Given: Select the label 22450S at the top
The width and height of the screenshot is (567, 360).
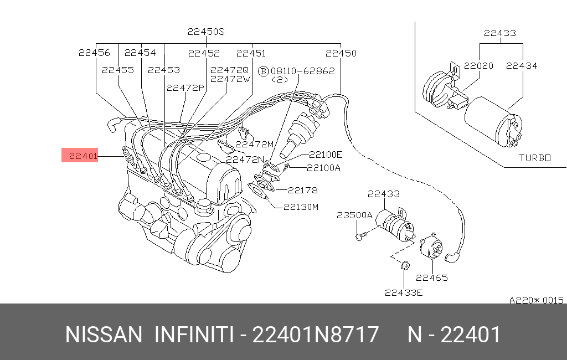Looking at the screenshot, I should (205, 32).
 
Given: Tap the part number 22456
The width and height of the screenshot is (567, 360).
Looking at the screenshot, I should (94, 53).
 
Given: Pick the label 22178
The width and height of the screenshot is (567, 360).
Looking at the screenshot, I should (303, 190).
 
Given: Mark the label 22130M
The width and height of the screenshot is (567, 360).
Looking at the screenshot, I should (301, 207).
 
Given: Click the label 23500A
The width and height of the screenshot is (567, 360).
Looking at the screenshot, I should (354, 215).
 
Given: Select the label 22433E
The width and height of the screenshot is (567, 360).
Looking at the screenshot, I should (404, 292).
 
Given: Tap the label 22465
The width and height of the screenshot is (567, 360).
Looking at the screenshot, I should (432, 278).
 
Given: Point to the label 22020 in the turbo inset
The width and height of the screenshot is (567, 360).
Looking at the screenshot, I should (478, 65).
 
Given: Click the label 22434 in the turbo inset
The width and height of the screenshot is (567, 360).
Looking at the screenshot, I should (522, 65).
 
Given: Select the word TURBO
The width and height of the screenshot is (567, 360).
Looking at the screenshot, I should (535, 158).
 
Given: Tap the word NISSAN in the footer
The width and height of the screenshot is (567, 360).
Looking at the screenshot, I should (104, 335).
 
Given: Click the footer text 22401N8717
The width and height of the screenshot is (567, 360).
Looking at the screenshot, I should (316, 335).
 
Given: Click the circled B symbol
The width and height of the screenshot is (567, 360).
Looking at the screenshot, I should (264, 71).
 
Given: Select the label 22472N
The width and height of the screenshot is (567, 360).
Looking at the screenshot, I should (245, 160).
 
